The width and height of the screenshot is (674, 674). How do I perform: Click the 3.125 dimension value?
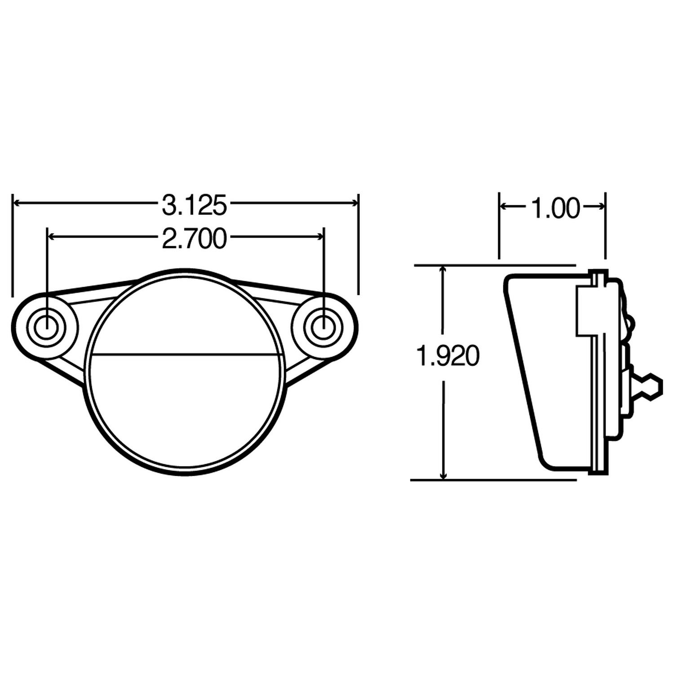[x=195, y=205]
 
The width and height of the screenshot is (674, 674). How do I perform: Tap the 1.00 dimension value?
[x=555, y=208]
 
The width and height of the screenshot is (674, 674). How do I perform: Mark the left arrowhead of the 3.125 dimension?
[x=18, y=203]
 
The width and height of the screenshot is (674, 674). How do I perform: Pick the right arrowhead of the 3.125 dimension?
[x=353, y=203]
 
